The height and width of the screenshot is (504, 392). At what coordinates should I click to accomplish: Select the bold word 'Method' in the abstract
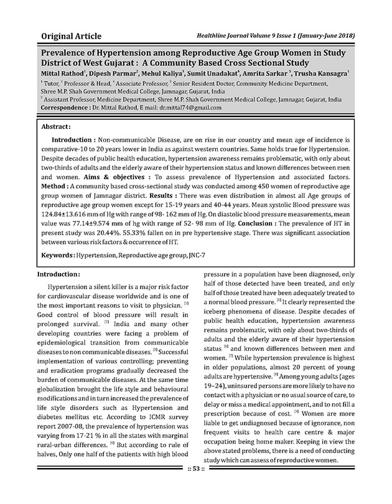pyautogui.click(x=53, y=186)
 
